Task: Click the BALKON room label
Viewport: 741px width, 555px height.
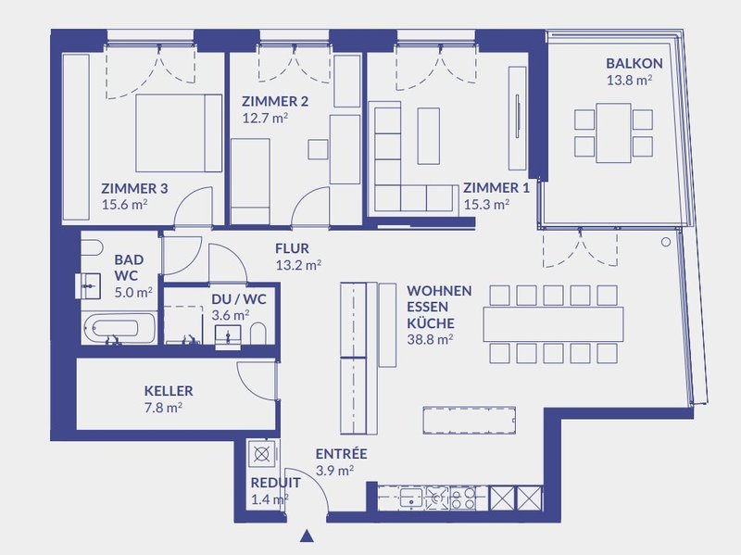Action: [x=634, y=64]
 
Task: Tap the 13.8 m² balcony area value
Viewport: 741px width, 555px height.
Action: [x=634, y=81]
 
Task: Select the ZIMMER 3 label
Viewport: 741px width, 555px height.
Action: [x=134, y=188]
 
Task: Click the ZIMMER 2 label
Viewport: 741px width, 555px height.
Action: [x=274, y=101]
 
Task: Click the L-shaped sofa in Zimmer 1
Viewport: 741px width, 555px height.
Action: [x=398, y=171]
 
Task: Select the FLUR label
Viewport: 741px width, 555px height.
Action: [x=292, y=248]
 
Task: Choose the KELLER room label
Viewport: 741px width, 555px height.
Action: [x=169, y=391]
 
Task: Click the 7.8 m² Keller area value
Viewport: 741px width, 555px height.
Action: [x=163, y=407]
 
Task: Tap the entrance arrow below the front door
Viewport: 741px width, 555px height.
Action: [x=308, y=535]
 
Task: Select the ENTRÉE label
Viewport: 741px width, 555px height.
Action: [x=341, y=454]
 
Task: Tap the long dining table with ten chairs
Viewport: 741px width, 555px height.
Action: [x=553, y=322]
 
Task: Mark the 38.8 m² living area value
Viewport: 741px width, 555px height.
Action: [x=430, y=340]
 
